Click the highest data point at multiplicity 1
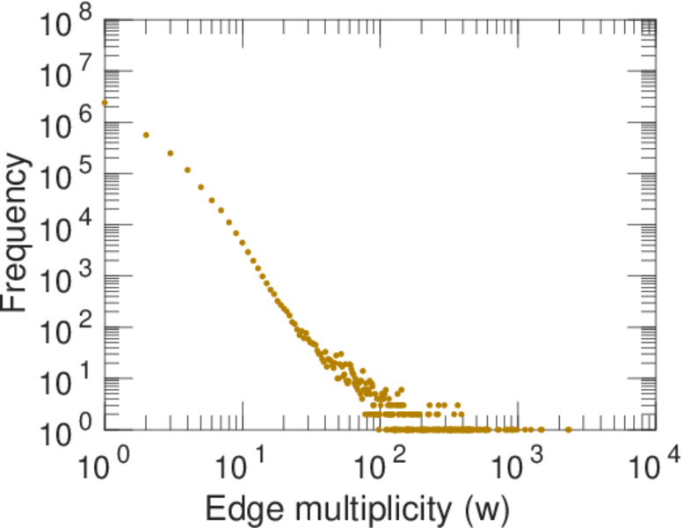tap(105, 102)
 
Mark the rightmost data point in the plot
tap(569, 429)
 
